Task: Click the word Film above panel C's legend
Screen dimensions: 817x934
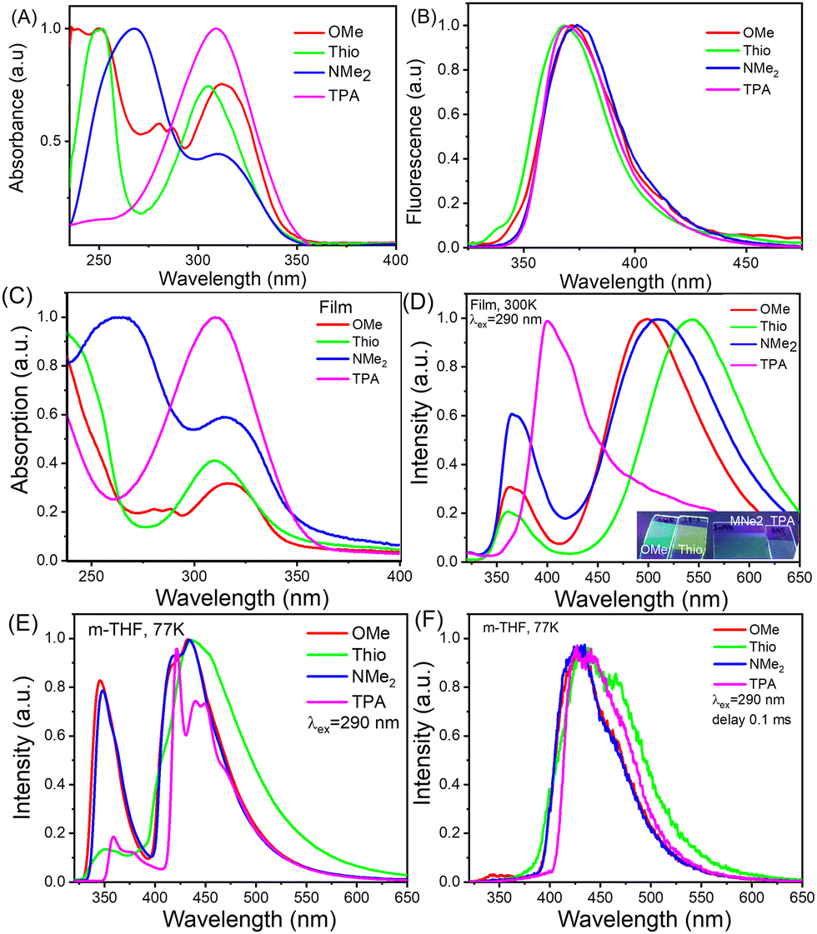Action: [335, 307]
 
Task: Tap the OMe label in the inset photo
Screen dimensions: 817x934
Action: [654, 549]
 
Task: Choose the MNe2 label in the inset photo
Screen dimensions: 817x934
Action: [746, 521]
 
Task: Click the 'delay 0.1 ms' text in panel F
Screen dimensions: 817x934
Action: [751, 720]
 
